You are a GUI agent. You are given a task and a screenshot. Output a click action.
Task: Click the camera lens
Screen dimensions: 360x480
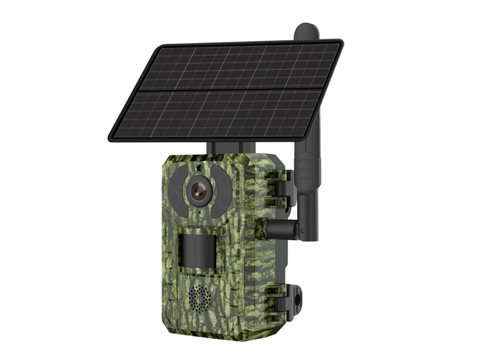click(x=197, y=191)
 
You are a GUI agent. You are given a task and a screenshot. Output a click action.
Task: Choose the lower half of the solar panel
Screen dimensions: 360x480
click(x=222, y=114)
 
